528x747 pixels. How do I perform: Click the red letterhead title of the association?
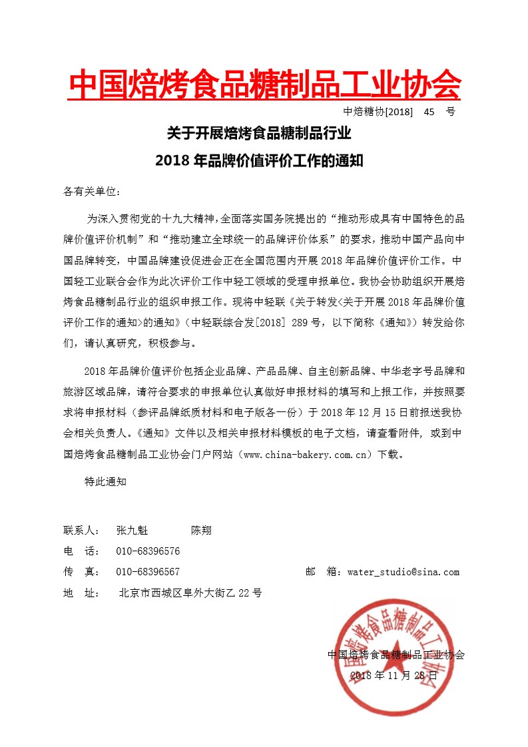tap(265, 85)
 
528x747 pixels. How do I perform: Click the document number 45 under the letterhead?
tap(428, 112)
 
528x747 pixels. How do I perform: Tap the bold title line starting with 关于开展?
tap(258, 134)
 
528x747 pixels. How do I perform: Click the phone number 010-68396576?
tap(148, 551)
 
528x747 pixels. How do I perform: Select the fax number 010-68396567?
tap(148, 572)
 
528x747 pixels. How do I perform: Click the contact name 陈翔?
tap(201, 531)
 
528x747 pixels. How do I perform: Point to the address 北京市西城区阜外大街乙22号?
tap(190, 593)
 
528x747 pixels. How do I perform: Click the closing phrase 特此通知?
tap(105, 481)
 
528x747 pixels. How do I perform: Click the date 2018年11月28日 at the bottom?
tap(394, 674)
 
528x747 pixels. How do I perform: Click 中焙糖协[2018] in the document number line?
tap(378, 112)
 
